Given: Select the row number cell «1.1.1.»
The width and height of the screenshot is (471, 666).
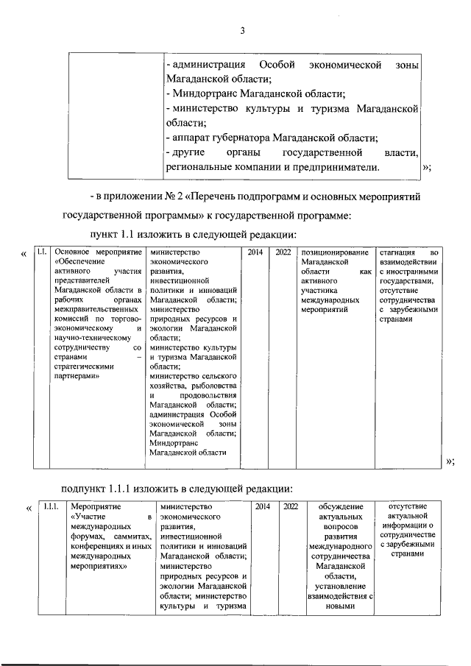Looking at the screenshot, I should click(51, 506).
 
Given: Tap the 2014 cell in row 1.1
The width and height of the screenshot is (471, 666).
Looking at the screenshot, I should click(255, 252).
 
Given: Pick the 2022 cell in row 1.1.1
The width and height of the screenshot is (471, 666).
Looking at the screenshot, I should click(291, 506).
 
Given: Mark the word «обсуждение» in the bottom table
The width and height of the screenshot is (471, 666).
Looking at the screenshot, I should click(341, 506).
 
